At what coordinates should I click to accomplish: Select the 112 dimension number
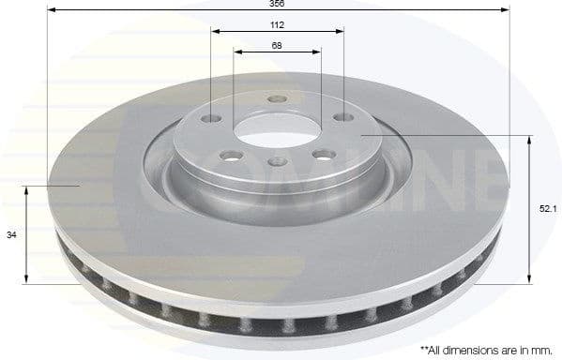pyautogui.click(x=278, y=24)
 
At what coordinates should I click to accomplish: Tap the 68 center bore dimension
pyautogui.click(x=277, y=45)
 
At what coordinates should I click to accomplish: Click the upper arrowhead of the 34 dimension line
pyautogui.click(x=26, y=188)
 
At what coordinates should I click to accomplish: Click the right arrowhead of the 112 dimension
pyautogui.click(x=341, y=32)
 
